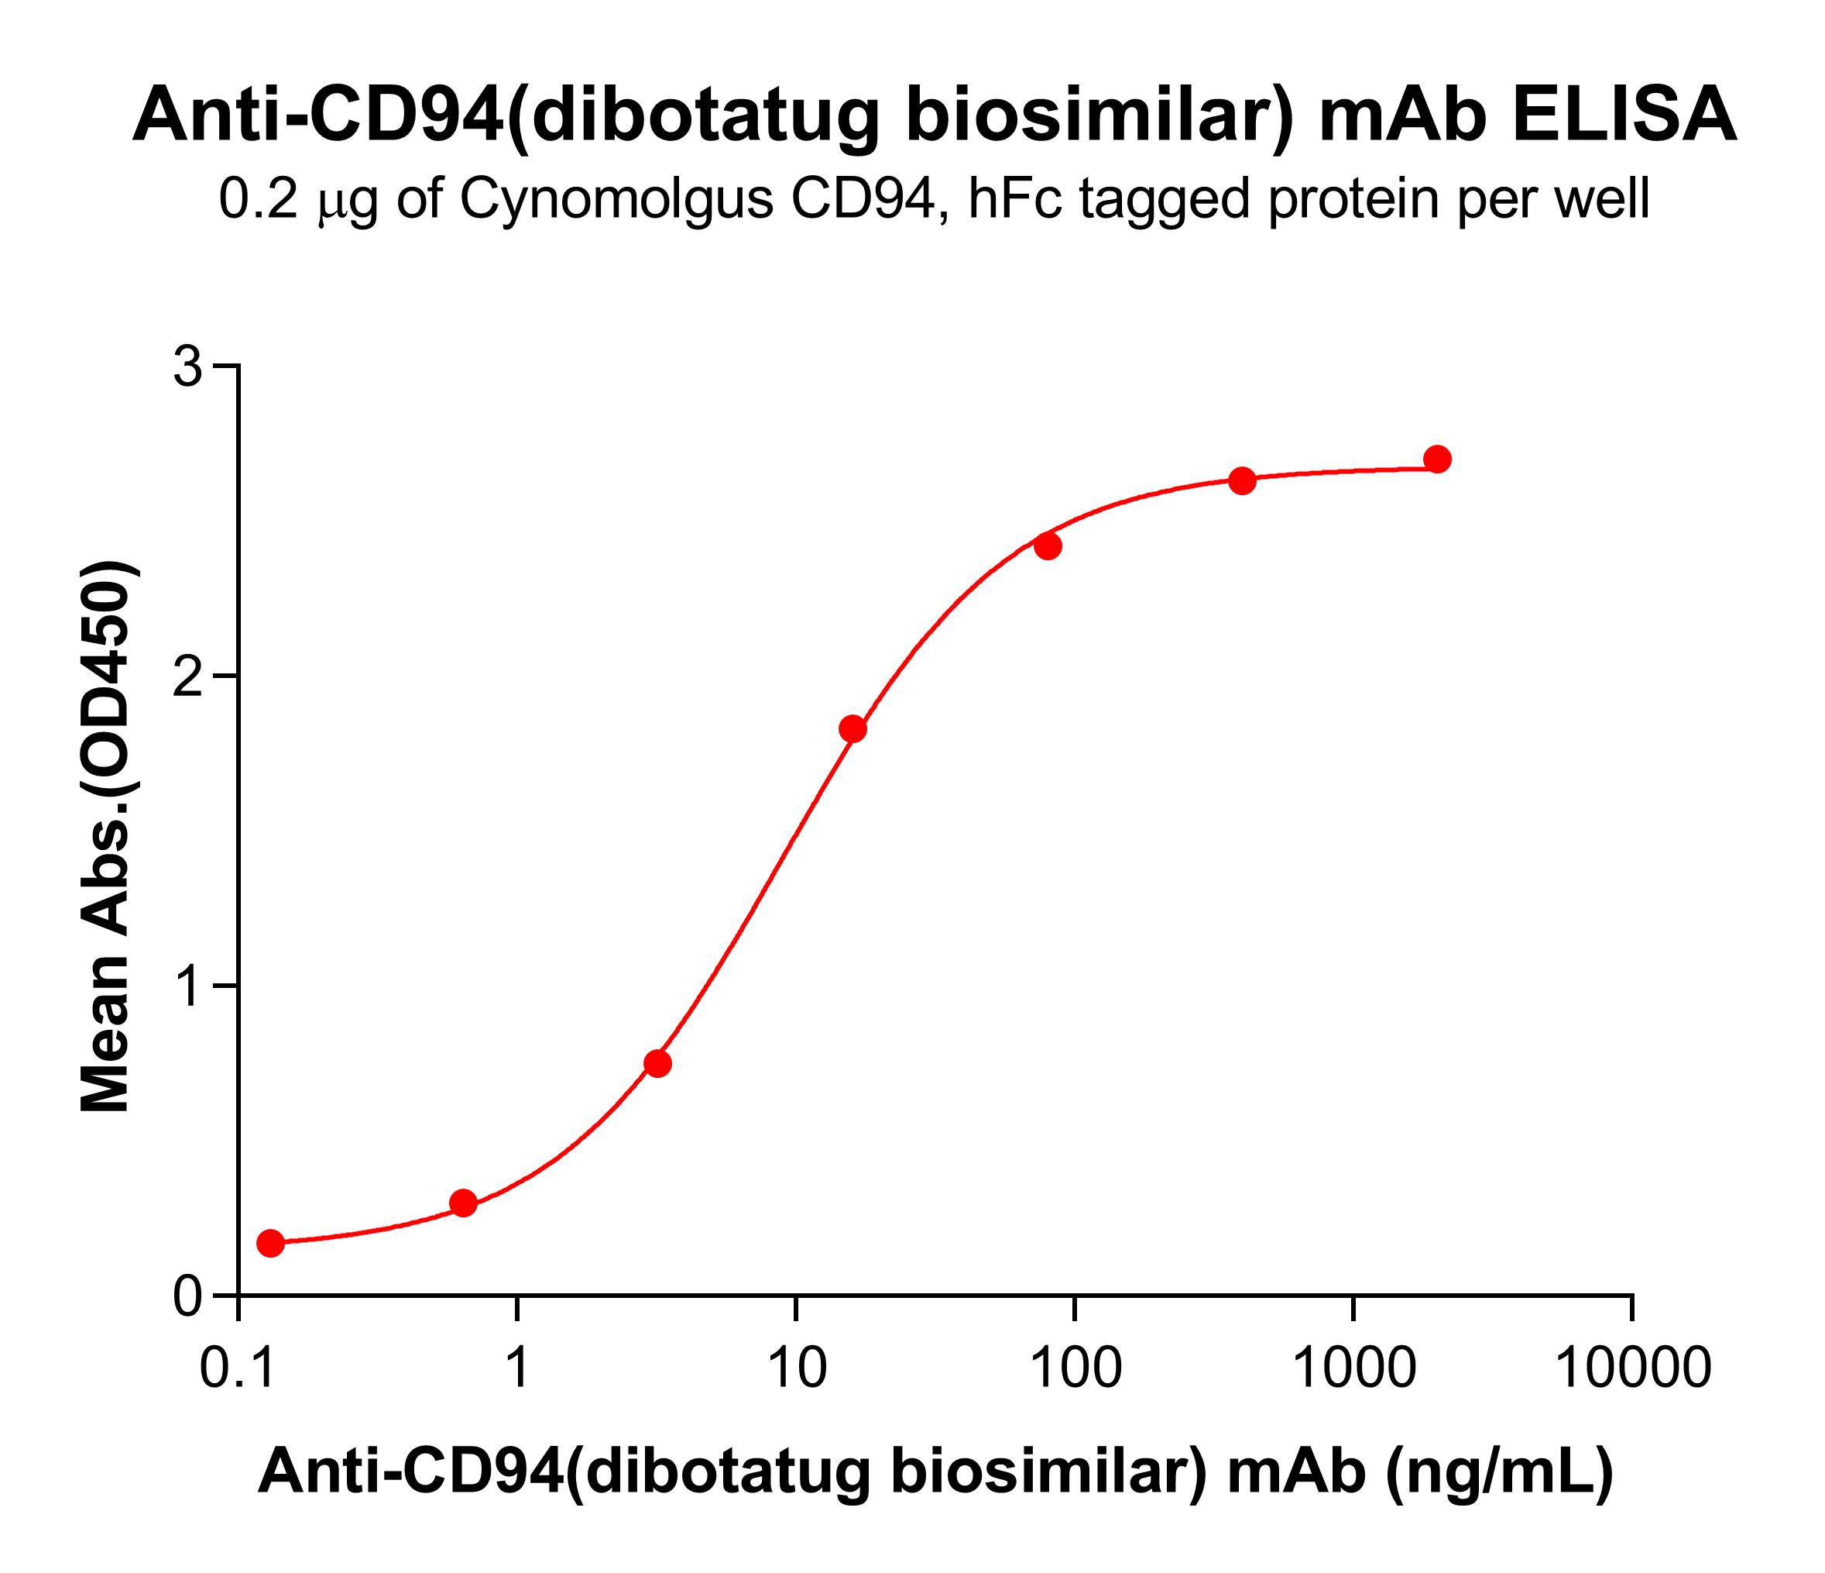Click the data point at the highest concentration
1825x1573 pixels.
pos(1437,460)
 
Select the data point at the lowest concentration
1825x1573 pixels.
pos(270,1244)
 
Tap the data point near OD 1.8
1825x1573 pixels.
pos(852,729)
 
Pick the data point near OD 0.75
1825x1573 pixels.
pos(658,1064)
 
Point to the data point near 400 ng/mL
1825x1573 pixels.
pos(1242,480)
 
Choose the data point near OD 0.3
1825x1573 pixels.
pos(463,1203)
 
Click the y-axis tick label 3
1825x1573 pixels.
pos(187,367)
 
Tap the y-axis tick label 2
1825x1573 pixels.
pos(187,676)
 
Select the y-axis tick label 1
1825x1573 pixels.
pos(187,986)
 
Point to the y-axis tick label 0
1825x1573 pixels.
pos(187,1296)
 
